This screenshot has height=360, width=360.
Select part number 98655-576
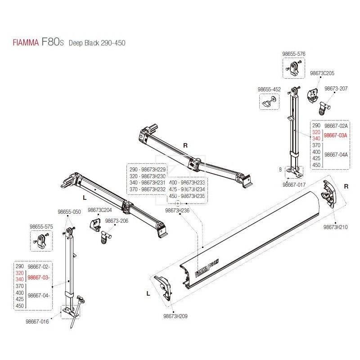point(294,54)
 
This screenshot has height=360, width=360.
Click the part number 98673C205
point(322,73)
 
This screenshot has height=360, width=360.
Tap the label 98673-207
point(336,89)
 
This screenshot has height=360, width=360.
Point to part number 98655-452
point(269,90)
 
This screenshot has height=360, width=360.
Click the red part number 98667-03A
point(336,135)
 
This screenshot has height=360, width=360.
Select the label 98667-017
point(294,184)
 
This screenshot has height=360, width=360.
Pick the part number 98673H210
point(335,227)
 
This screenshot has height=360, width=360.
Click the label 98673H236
point(177,210)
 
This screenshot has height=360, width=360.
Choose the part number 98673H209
point(175,316)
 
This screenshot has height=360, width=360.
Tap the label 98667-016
point(37,322)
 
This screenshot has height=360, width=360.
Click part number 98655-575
point(42,227)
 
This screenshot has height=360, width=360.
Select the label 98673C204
point(99,210)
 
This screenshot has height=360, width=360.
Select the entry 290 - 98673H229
point(148,170)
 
